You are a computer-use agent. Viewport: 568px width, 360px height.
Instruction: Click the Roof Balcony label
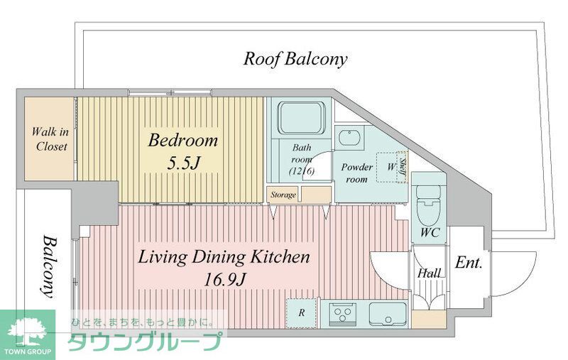coord(295,59)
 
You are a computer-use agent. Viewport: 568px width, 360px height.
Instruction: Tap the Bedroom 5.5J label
coord(183,151)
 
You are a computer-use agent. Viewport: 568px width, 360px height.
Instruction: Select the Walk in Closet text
coord(50,138)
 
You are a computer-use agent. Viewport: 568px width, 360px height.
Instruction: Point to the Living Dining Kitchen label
coord(224,257)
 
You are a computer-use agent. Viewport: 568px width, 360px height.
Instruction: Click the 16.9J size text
coord(224,279)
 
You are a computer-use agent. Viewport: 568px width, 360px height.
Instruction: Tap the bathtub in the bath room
coord(301,118)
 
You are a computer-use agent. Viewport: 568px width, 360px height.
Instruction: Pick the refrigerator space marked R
coord(301,312)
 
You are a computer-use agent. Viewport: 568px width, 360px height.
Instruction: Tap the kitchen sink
coord(388,314)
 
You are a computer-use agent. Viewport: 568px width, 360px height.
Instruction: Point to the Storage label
coord(283,195)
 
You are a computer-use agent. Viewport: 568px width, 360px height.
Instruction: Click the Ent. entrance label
coord(469,263)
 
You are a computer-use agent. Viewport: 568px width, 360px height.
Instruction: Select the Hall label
coord(430,273)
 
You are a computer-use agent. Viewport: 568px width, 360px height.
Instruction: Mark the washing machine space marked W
coord(391,167)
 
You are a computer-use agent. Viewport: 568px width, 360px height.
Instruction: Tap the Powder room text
coord(356,173)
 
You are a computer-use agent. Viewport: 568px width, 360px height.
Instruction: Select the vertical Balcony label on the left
coord(48,266)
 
